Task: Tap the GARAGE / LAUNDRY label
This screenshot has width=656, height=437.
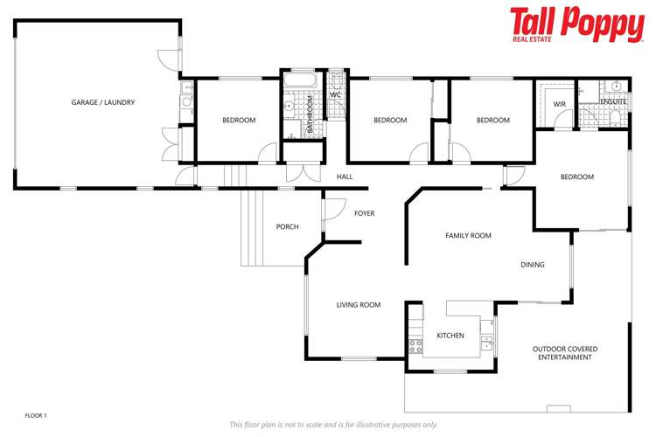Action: pos(103,102)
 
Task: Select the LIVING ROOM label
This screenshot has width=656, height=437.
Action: pos(359,305)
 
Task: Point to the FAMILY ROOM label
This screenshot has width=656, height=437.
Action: pos(468,235)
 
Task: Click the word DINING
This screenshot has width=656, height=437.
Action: pos(532,265)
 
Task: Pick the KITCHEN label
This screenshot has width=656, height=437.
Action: pos(450,336)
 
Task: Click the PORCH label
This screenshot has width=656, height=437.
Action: pos(287,226)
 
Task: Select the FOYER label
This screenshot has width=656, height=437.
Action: pos(364,213)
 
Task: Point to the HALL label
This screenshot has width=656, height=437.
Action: pos(344,177)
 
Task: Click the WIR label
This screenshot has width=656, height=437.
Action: pos(560,104)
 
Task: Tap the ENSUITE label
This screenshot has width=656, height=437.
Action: pos(613,102)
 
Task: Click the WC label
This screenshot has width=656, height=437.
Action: pos(335,95)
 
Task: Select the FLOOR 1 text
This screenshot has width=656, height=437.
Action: pos(35,414)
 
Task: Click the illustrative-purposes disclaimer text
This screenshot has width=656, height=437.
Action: pos(333,425)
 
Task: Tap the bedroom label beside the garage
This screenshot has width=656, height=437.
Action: pos(238,121)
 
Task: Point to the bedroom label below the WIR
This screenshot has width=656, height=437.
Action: pos(576,177)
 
